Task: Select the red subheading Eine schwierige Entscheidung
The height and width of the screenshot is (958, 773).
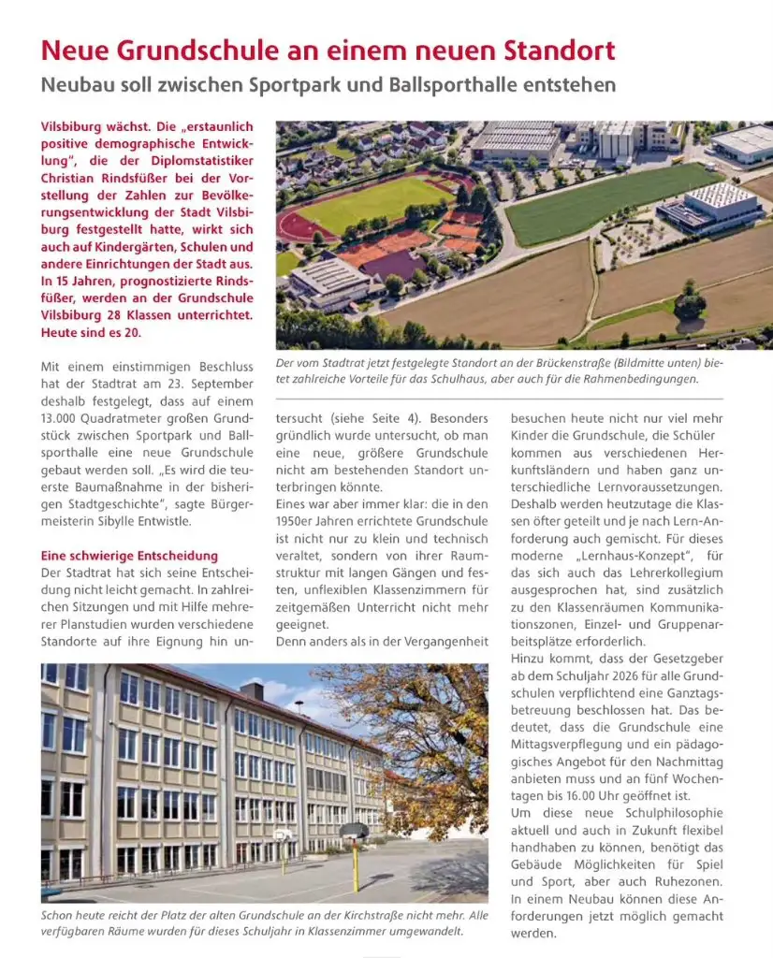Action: point(130,556)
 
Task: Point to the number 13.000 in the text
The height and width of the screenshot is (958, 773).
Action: point(63,417)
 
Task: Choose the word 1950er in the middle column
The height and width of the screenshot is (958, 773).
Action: point(299,521)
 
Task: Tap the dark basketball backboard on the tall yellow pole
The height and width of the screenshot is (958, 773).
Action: point(353,830)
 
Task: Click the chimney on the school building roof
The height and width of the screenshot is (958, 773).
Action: point(251,690)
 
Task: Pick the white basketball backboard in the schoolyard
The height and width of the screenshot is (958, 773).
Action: point(284,835)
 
